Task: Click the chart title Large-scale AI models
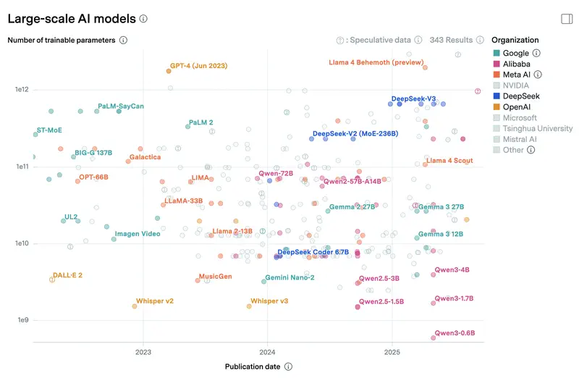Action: pos(71,19)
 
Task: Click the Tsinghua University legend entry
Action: pos(531,128)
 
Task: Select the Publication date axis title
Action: pos(253,366)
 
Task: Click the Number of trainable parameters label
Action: pos(62,41)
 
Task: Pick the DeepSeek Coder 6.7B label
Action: pos(313,252)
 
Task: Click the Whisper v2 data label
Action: pos(155,301)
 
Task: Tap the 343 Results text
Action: pos(451,41)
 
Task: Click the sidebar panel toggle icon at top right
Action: pos(567,19)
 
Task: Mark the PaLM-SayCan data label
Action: pos(121,106)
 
